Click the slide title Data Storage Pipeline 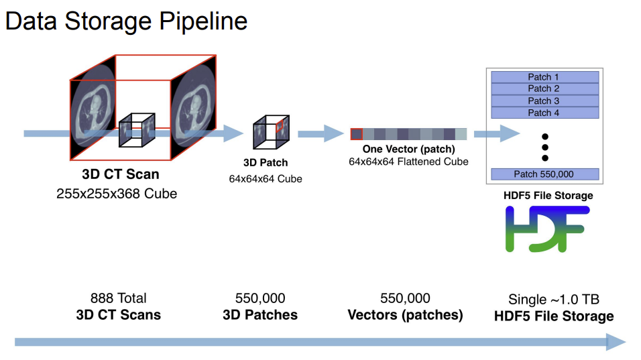(x=127, y=21)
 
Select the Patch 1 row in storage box (x=544, y=77)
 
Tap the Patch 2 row (x=544, y=88)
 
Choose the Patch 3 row (x=544, y=101)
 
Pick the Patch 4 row (x=544, y=113)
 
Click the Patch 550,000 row (x=544, y=174)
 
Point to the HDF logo (x=546, y=229)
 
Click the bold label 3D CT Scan (x=121, y=174)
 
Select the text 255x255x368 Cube (x=121, y=194)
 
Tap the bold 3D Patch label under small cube (x=266, y=163)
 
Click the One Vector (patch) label (x=408, y=149)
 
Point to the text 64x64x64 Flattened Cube (x=408, y=162)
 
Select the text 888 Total (x=119, y=298)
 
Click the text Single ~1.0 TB (x=561, y=300)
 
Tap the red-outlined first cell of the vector (x=356, y=134)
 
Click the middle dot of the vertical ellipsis (x=544, y=147)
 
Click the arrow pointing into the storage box (x=498, y=134)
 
